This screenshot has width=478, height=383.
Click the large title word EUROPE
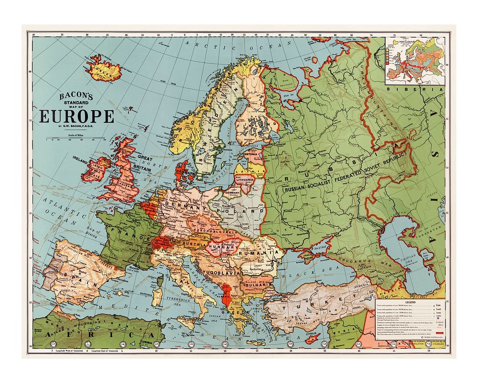tap(77, 116)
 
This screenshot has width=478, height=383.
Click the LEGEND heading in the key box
tap(412, 303)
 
